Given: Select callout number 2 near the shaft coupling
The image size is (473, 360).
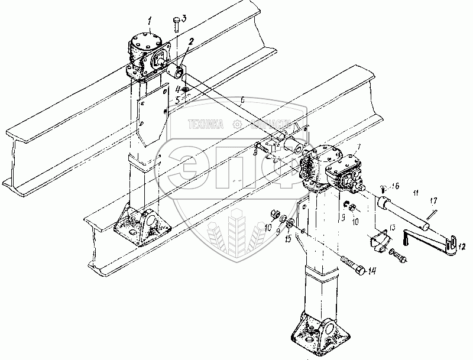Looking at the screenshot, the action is pos(192,41).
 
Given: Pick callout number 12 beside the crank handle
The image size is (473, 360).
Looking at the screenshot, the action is pos(455,248).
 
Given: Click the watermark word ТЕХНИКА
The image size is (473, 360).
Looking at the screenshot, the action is pos(205,125).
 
